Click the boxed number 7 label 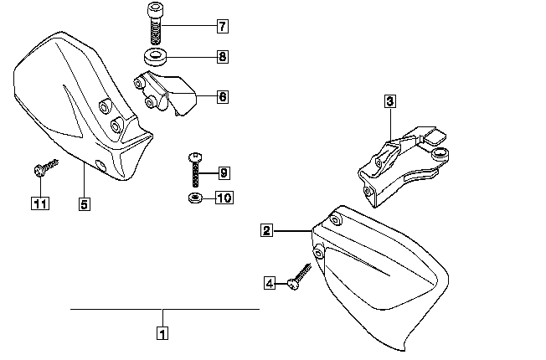coord(222,26)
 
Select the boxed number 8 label coord(222,58)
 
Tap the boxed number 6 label coord(222,97)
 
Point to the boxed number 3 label coord(390,102)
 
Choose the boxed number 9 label coord(224,173)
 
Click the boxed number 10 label coord(224,198)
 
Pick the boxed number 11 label coord(38,203)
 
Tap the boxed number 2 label coord(265,229)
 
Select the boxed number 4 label coord(269,284)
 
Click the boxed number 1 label coord(162,332)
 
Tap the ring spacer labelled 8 coord(155,59)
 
